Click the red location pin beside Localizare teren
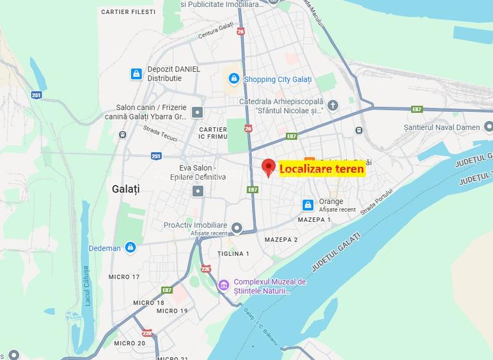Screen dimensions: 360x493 click(x=269, y=168)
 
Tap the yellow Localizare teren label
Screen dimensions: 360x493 click(x=322, y=169)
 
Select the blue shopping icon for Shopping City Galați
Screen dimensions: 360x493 click(x=234, y=79)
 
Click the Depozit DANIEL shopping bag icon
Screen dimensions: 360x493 click(x=136, y=74)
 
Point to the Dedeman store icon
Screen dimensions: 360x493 click(x=130, y=247)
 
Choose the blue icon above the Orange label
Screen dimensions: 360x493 click(x=308, y=205)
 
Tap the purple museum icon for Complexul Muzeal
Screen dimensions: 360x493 click(x=224, y=285)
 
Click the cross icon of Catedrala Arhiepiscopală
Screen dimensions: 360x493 click(x=333, y=106)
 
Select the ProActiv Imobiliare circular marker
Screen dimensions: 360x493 click(x=237, y=228)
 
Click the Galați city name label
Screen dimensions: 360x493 click(x=125, y=189)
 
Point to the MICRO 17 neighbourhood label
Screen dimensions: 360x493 click(x=124, y=277)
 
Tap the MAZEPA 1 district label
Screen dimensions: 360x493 click(x=315, y=220)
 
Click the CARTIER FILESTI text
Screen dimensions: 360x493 click(x=128, y=12)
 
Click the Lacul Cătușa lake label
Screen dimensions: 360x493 click(x=88, y=286)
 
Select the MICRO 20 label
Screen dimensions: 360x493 click(x=130, y=343)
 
